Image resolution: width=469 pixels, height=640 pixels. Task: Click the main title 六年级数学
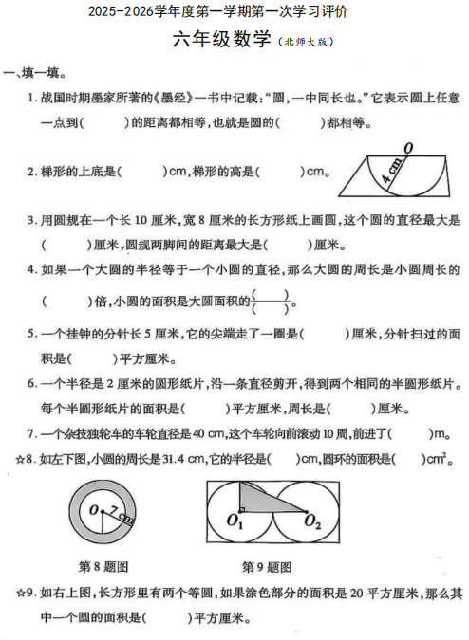224,40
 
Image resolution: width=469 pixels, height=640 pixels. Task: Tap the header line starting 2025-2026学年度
217,12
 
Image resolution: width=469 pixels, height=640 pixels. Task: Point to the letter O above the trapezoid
407,147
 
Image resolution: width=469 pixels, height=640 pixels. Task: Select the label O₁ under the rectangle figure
236,522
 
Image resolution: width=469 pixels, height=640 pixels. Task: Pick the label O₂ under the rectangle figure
312,522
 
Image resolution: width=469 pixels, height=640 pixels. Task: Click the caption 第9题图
267,567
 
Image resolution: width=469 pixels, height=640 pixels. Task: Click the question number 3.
31,220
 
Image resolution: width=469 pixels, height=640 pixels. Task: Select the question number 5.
31,334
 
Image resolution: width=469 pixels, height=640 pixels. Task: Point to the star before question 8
19,460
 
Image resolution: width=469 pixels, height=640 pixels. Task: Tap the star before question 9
19,595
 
